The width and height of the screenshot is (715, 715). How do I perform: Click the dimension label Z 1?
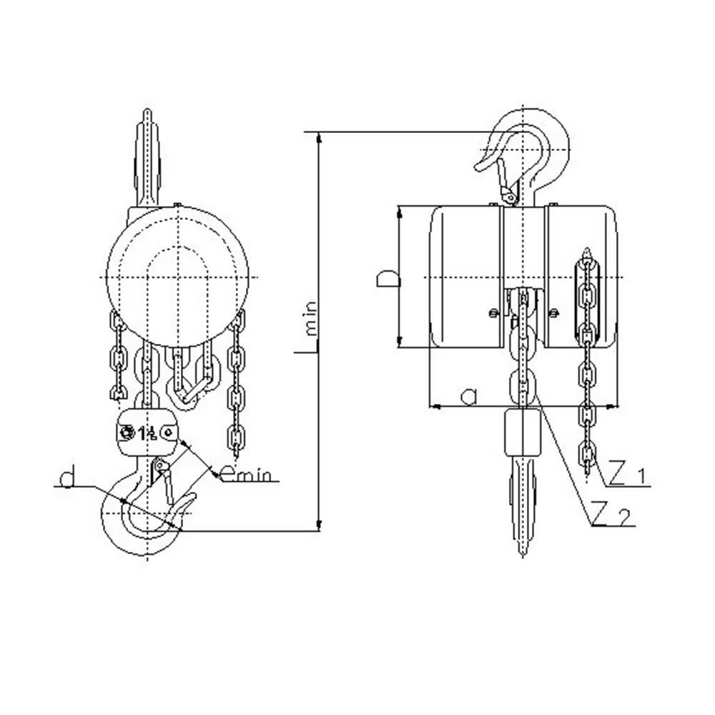(626, 475)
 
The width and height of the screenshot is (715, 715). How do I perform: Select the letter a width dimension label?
(468, 397)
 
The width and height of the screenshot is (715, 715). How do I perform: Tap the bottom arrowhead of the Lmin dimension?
(319, 526)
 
